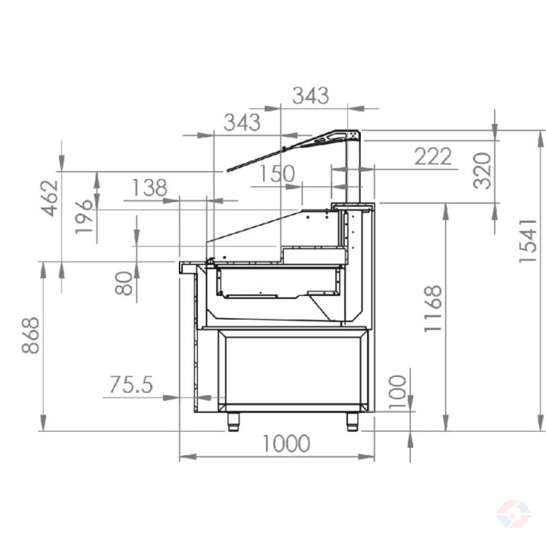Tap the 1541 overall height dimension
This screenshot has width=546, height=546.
[528, 241]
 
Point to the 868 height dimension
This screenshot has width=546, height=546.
[30, 335]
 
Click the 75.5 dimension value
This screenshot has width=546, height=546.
[131, 384]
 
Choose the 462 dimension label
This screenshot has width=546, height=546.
[49, 198]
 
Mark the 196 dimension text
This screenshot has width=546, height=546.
[84, 217]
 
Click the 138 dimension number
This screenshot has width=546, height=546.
[150, 187]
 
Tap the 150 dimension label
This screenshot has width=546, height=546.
[277, 173]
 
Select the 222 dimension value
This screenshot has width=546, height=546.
[433, 156]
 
